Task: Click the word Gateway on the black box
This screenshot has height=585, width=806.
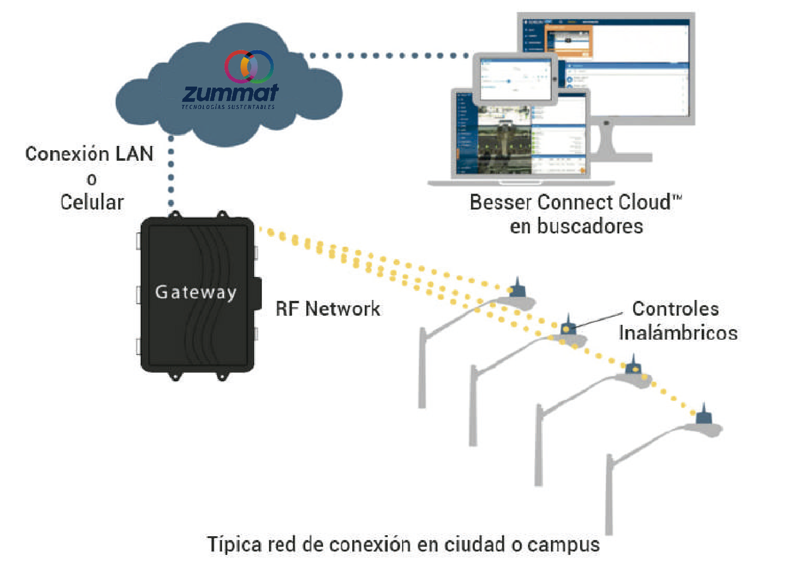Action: pos(196,292)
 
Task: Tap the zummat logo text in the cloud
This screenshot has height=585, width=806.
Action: pos(230,93)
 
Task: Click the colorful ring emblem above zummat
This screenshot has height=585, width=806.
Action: pos(249,66)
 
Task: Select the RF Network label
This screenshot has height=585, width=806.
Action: pos(328,309)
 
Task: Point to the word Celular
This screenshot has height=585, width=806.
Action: pos(92,202)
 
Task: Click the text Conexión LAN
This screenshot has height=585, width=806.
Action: pos(90,154)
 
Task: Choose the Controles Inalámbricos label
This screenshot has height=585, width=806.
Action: pos(677,321)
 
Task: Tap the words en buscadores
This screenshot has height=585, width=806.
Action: pos(576,226)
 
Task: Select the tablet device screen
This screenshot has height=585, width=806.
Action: pos(515,78)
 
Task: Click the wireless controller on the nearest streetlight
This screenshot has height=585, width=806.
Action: pos(703,416)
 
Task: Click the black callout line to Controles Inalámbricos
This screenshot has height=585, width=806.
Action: pos(598,320)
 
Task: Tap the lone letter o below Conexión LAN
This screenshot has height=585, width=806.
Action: pos(91,179)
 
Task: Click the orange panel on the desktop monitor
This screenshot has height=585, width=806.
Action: pos(569,40)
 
